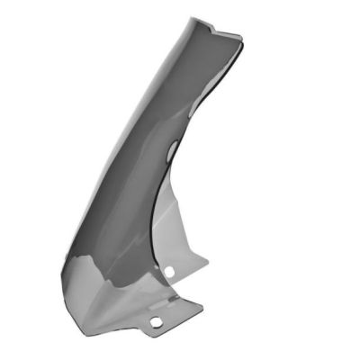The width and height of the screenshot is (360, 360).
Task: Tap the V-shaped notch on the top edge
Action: coord(214,28)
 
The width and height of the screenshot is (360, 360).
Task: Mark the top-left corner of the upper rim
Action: coord(192,18)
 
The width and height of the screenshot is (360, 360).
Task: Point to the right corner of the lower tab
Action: coord(202,307)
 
